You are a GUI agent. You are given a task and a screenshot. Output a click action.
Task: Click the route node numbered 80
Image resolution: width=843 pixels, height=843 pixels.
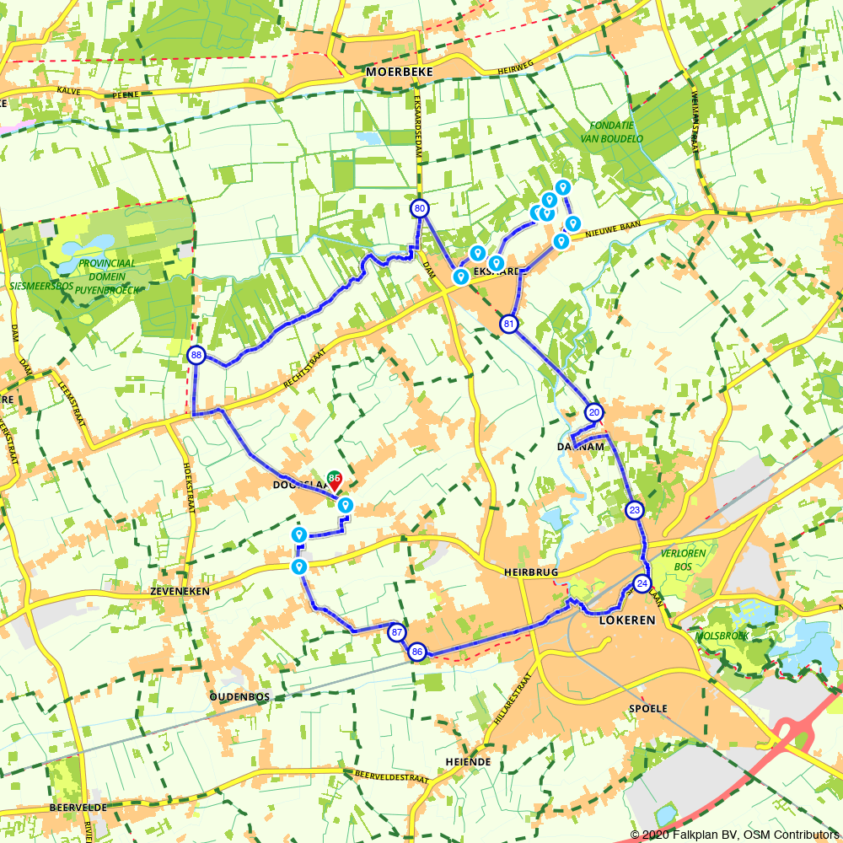pyautogui.click(x=420, y=208)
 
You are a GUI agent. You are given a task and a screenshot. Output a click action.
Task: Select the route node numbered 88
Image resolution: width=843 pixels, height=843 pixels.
pyautogui.click(x=196, y=355)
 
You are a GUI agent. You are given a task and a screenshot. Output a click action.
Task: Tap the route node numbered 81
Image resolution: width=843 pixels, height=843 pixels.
pyautogui.click(x=508, y=324)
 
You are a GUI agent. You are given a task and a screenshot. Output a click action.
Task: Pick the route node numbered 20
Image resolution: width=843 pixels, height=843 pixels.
pyautogui.click(x=594, y=412)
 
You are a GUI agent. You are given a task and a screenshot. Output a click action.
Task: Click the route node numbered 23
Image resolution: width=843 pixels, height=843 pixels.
pyautogui.click(x=635, y=510)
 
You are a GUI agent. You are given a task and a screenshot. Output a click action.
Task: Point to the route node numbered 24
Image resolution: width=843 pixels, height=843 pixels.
pyautogui.click(x=642, y=583)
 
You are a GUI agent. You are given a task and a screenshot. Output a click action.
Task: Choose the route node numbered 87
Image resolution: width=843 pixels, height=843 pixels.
pyautogui.click(x=397, y=632)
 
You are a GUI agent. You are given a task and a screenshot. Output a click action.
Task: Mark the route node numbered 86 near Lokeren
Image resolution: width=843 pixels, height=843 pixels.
pyautogui.click(x=417, y=652)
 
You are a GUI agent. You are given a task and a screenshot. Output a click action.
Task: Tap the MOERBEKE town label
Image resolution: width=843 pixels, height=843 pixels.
pyautogui.click(x=400, y=72)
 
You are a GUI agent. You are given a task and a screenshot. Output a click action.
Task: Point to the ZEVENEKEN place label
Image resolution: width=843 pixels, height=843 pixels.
pyautogui.click(x=181, y=592)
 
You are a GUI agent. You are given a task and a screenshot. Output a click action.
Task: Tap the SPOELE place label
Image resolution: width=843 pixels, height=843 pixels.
pyautogui.click(x=648, y=709)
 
